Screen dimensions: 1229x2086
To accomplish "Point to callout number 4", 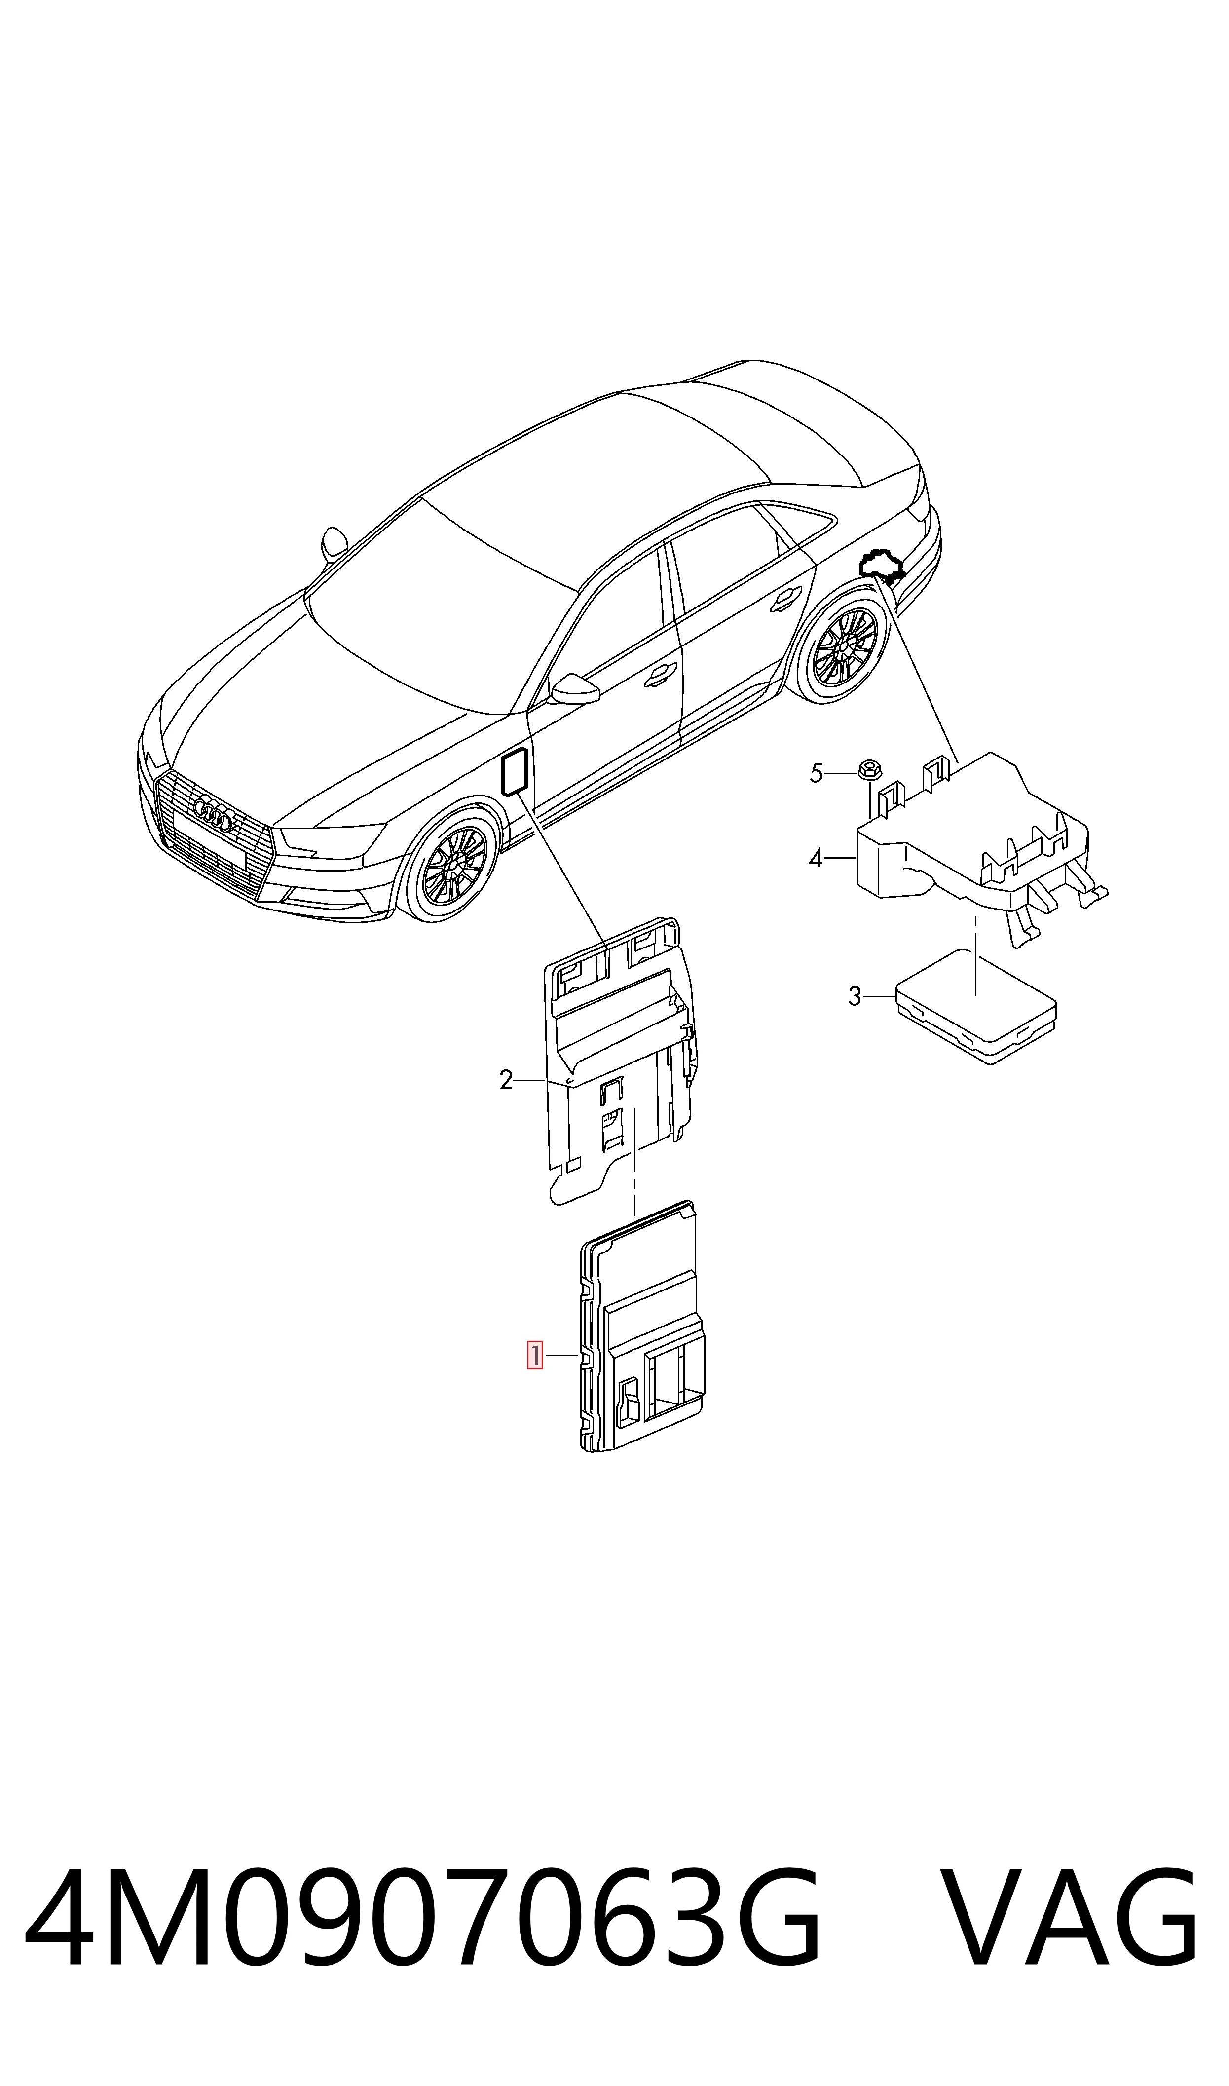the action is point(816,859).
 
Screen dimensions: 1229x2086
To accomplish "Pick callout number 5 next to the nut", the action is point(817,774).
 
